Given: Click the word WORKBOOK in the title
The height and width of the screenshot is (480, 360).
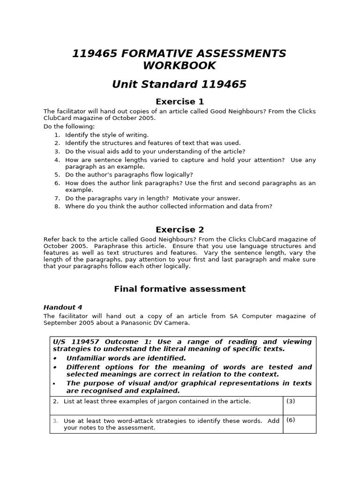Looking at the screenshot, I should coord(180,65).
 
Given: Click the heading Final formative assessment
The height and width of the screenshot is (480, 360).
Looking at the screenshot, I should coord(180,289).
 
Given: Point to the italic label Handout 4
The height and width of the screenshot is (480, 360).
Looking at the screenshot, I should coord(63,307).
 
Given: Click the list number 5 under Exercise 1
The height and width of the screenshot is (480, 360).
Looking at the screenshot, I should coord(57,175).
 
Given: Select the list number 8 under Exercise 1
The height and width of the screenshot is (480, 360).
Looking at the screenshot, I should coord(57,206).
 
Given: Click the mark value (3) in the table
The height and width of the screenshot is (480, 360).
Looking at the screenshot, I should coord(291,401).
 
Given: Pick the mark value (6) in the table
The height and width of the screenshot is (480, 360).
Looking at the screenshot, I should coord(291,420).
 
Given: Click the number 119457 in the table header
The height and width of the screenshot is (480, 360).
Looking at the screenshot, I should coord(87,342).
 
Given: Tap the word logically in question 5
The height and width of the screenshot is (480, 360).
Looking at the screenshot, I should coord(176,175).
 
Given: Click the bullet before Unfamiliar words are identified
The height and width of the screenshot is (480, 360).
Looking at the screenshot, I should coord(55,359).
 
